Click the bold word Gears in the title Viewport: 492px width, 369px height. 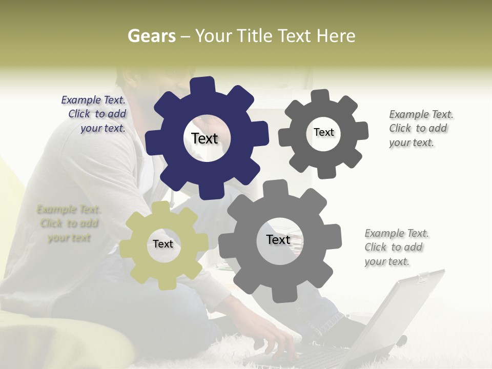point(152,36)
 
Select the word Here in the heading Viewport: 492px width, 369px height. point(336,36)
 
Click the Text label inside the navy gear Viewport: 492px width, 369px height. point(204,138)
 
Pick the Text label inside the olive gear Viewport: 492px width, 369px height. point(163,244)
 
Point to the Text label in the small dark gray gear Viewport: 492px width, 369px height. point(323,132)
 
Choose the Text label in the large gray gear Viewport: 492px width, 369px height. point(278,239)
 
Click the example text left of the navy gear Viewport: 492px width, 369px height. point(94,114)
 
